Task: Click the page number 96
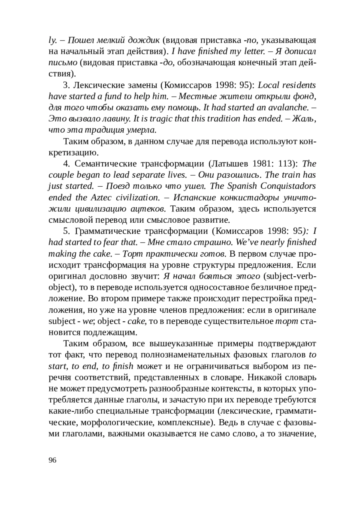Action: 52,460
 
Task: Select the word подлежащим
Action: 110,332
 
